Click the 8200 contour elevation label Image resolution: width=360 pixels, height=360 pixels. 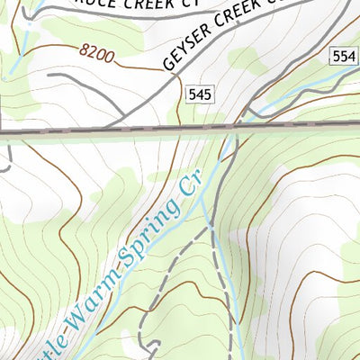[98, 55]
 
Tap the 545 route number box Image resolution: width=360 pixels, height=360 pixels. [200, 93]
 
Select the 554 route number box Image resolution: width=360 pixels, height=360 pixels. [342, 57]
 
